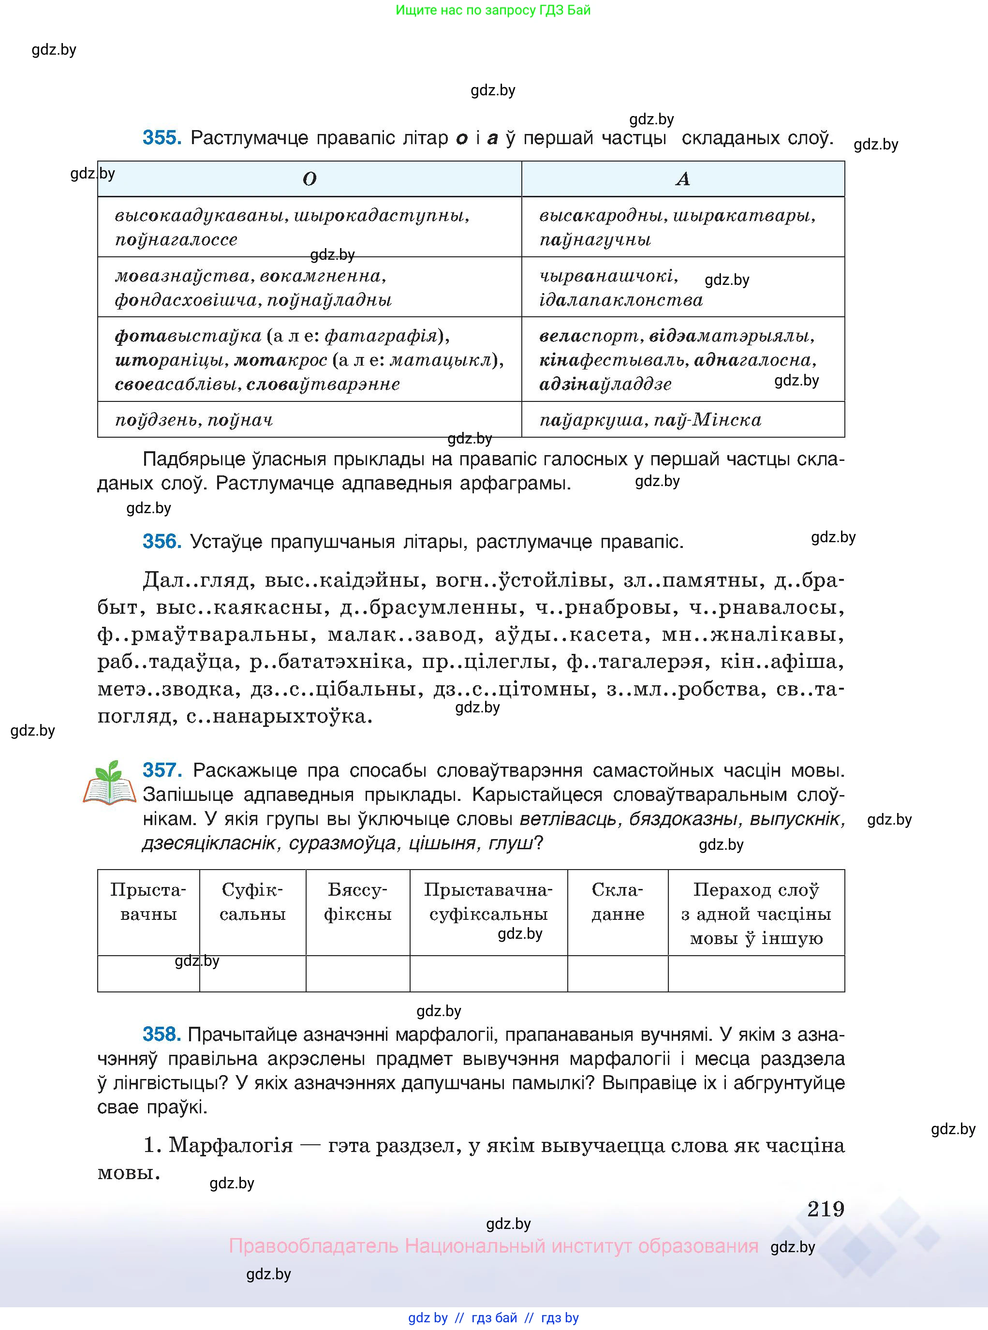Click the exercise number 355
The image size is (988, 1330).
click(x=162, y=138)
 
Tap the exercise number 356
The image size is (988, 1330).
click(x=162, y=542)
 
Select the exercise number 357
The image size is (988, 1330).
click(x=162, y=770)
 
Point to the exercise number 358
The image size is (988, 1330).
click(x=162, y=1034)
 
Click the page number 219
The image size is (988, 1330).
click(x=826, y=1209)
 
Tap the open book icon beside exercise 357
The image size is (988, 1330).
click(x=109, y=783)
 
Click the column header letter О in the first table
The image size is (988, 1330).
click(x=309, y=179)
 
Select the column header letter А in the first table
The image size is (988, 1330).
click(x=682, y=179)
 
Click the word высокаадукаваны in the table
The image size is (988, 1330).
click(x=202, y=216)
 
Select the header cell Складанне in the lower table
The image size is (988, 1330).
click(x=617, y=902)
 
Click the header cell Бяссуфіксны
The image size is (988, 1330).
click(x=358, y=902)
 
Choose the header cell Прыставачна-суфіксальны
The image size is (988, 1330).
click(x=488, y=902)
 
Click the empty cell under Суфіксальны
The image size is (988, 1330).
click(x=252, y=974)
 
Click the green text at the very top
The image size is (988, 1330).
click(x=493, y=10)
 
